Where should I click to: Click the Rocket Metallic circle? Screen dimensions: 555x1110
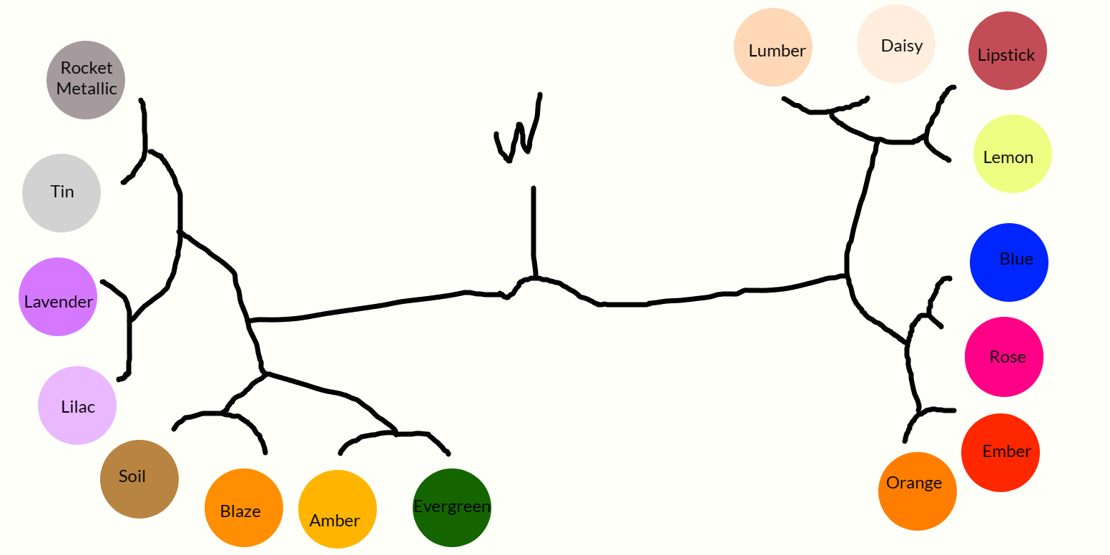86,79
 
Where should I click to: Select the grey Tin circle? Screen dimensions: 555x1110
62,193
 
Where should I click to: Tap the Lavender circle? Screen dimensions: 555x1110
58,297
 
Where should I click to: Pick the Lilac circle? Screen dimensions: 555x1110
77,406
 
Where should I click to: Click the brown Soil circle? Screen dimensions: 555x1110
139,478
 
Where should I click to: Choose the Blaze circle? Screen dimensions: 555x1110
243,508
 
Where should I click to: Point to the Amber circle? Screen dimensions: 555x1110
337,509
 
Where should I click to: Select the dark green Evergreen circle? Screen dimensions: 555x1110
452,508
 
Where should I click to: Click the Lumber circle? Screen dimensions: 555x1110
773,47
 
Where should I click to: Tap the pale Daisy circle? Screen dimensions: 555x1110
896,44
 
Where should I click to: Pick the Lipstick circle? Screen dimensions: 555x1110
1007,51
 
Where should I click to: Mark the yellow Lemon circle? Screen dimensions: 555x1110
1013,154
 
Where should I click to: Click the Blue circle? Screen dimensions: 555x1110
1009,262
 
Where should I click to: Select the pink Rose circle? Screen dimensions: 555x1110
1004,356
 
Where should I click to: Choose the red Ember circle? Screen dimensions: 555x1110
1001,453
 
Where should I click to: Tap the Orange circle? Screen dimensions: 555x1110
917,491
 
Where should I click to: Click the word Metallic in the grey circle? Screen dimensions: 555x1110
87,89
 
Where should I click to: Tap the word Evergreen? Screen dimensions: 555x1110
452,507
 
